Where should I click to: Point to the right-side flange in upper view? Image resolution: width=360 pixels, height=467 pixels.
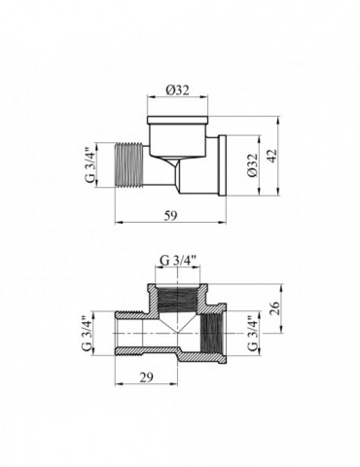[223, 166]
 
